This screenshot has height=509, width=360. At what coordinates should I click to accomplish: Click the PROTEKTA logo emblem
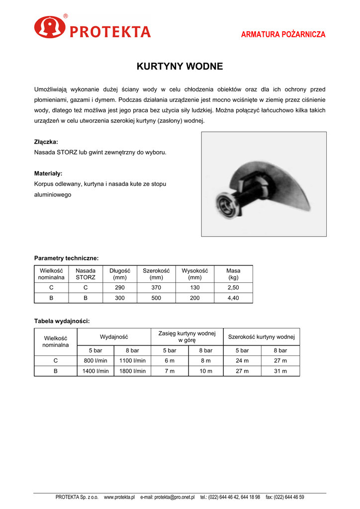click(x=50, y=27)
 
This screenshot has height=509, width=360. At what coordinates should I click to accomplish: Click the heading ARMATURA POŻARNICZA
click(x=283, y=34)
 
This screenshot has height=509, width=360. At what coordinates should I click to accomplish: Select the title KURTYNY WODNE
click(x=180, y=66)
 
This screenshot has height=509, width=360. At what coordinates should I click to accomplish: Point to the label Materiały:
click(x=48, y=173)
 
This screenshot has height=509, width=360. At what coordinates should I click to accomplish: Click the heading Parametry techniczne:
click(x=66, y=258)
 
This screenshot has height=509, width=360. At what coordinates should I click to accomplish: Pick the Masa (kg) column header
click(x=233, y=274)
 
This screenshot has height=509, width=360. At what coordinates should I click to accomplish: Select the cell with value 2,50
click(x=233, y=288)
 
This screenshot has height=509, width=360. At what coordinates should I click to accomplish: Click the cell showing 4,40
click(x=233, y=298)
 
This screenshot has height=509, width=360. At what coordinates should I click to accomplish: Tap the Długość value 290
click(x=119, y=288)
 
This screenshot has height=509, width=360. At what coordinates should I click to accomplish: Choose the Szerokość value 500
click(x=156, y=298)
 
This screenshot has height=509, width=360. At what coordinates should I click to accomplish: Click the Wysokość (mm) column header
click(x=194, y=274)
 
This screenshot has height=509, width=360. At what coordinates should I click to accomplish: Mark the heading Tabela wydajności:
click(x=62, y=321)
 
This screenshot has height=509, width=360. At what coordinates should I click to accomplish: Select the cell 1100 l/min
click(x=133, y=361)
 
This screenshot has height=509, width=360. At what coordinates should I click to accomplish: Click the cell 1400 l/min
click(x=95, y=371)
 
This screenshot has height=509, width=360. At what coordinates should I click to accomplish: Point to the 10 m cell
click(x=205, y=371)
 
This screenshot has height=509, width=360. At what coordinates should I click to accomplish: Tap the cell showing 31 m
click(x=280, y=371)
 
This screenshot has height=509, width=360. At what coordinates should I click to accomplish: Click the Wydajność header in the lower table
click(x=114, y=337)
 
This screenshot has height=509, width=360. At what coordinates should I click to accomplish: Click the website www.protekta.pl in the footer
click(x=119, y=497)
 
